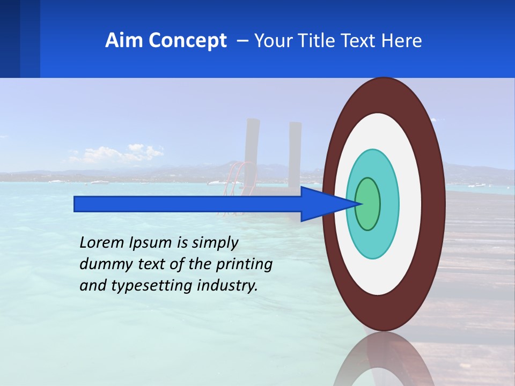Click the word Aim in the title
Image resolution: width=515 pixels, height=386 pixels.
[124, 41]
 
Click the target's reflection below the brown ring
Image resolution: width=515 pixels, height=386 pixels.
[384, 359]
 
